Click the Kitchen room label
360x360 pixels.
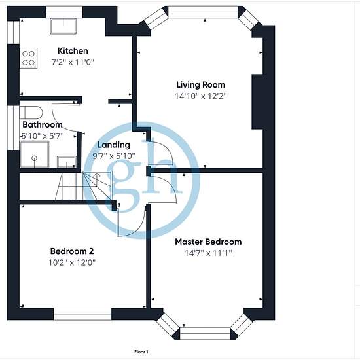[73, 51]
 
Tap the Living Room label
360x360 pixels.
[201, 85]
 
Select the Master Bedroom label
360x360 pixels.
[208, 242]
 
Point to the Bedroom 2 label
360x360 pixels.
[72, 251]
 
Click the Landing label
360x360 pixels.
[114, 145]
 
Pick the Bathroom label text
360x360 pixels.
[43, 124]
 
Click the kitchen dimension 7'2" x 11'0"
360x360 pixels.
[73, 62]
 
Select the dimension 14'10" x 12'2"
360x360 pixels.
[201, 96]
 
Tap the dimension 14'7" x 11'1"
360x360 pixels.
[208, 253]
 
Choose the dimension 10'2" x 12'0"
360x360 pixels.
[72, 262]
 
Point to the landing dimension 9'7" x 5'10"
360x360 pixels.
[114, 156]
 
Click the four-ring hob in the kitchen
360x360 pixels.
[28, 58]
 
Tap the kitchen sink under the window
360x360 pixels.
[63, 26]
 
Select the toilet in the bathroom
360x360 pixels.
[31, 113]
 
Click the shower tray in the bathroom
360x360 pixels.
[35, 154]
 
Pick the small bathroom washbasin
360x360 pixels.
[67, 162]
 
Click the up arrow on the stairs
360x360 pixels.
[98, 179]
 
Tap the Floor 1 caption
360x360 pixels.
[141, 351]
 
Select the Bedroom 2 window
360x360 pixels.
[82, 314]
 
